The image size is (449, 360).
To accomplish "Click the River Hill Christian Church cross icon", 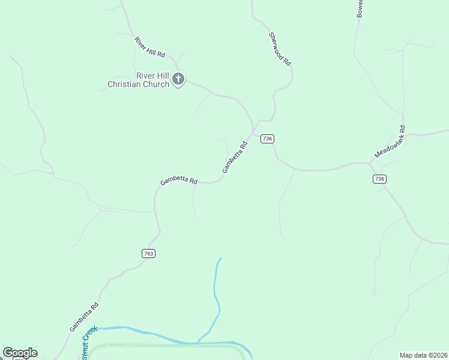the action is pyautogui.click(x=178, y=79).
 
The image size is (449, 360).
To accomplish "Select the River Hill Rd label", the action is pyautogui.click(x=149, y=47).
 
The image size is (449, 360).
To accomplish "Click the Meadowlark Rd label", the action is pyautogui.click(x=390, y=142).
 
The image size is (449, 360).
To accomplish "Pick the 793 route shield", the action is pyautogui.click(x=149, y=254).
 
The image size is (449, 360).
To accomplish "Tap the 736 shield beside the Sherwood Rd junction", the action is pyautogui.click(x=267, y=139).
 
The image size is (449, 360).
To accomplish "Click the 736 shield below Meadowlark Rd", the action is pyautogui.click(x=379, y=179).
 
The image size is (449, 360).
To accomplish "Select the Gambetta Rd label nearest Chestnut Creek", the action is pyautogui.click(x=83, y=317).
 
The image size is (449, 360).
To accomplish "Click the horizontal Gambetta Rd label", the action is pyautogui.click(x=178, y=181).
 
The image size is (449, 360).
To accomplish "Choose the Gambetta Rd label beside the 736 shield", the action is pyautogui.click(x=235, y=157).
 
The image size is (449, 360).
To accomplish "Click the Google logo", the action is pyautogui.click(x=20, y=353).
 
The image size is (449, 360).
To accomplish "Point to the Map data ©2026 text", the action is pyautogui.click(x=423, y=355).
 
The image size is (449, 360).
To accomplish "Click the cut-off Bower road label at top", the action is pyautogui.click(x=360, y=8).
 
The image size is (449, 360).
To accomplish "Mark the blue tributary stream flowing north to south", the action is pyautogui.click(x=216, y=294).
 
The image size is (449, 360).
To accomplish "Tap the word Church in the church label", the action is pyautogui.click(x=155, y=85).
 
